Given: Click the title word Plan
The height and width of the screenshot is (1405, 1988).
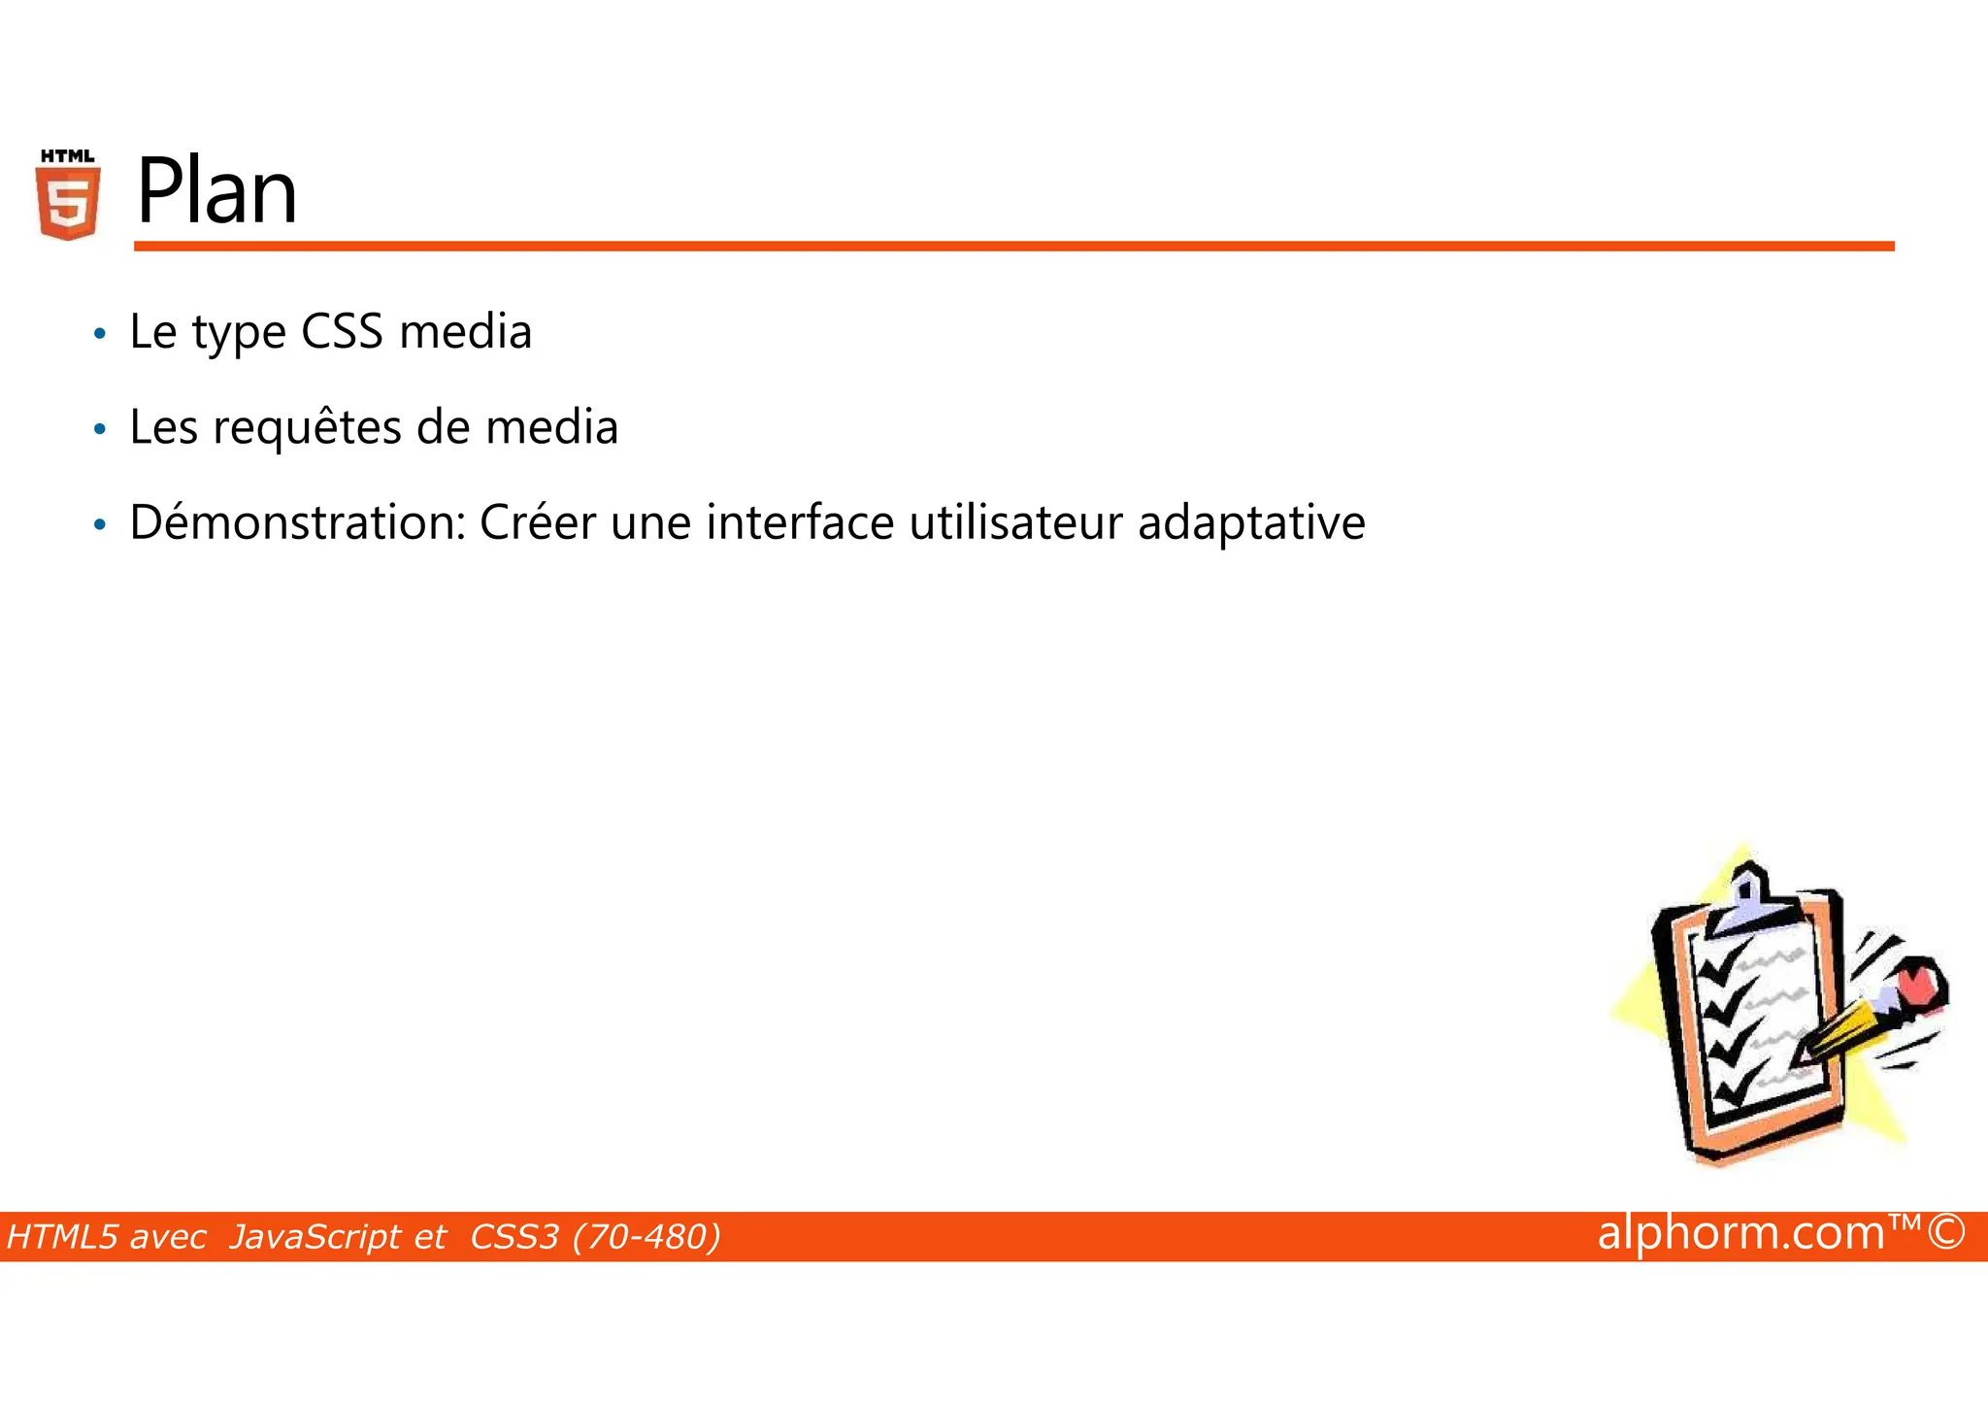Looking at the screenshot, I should click(216, 191).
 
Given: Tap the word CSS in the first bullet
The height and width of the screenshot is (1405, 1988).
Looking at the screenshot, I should click(342, 331).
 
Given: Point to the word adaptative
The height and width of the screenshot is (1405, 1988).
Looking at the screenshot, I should click(1251, 522).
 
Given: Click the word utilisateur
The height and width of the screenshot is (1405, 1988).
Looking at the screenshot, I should click(1015, 522).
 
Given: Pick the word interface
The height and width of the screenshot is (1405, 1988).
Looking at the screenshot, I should click(800, 522).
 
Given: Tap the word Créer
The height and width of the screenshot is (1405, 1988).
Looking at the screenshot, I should click(537, 522).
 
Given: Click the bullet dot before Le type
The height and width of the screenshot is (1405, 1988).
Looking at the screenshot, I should click(98, 334).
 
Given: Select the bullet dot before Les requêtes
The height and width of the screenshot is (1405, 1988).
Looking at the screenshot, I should click(98, 429).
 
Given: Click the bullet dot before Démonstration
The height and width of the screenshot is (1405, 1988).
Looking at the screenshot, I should click(98, 525).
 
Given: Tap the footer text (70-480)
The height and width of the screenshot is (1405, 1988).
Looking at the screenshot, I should click(646, 1237).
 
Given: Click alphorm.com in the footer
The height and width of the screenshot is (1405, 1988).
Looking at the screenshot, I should click(1740, 1233).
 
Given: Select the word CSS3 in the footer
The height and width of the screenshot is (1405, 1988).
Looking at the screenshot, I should click(514, 1237).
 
